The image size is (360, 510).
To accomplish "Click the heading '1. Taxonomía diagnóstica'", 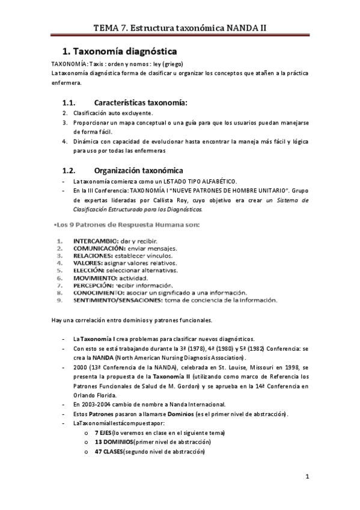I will click(x=119, y=51).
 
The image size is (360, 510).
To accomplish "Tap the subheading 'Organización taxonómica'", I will click(x=138, y=170).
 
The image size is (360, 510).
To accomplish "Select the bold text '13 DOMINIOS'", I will click(x=109, y=443).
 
